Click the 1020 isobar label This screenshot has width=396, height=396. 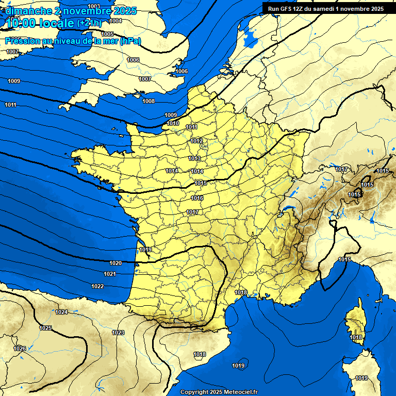click(115, 263)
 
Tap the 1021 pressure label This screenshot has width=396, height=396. click(110, 274)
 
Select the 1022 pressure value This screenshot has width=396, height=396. click(97, 286)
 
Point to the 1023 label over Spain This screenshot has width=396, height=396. click(118, 333)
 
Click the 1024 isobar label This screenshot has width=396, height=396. click(61, 312)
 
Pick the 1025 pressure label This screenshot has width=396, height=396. click(45, 328)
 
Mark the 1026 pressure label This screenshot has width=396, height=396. click(20, 349)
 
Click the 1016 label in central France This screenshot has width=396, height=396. click(197, 198)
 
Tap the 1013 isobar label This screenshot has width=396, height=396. click(194, 158)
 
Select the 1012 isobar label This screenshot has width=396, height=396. click(196, 141)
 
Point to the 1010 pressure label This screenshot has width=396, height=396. click(173, 124)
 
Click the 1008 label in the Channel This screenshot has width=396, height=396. click(148, 101)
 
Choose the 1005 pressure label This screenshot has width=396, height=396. click(107, 48)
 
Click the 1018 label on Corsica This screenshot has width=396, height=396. click(356, 337)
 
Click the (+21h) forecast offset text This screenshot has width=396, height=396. click(89, 23)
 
